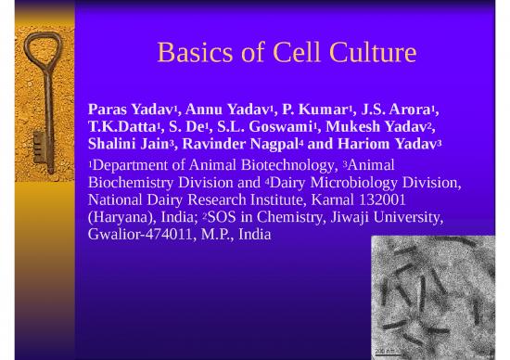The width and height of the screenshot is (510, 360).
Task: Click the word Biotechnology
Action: coord(262,166)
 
